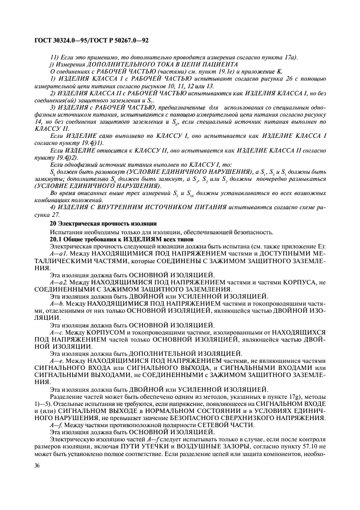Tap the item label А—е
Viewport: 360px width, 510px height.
[57, 360]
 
